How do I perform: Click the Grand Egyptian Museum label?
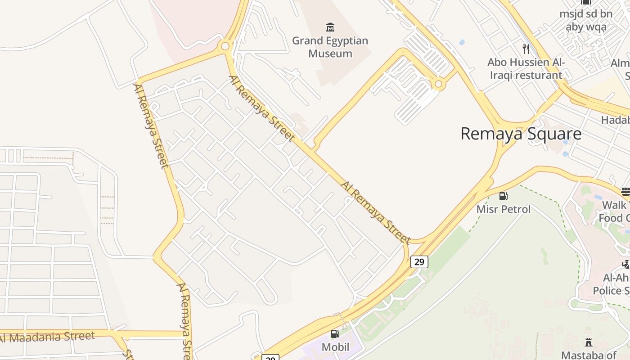point(330,47)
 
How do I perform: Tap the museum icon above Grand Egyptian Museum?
point(330,27)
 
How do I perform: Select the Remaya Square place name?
point(521,134)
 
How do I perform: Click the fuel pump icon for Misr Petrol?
point(503,196)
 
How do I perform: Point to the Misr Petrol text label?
point(504,209)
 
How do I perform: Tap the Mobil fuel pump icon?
point(335,334)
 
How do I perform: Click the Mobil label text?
point(335,347)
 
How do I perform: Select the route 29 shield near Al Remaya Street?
point(419,261)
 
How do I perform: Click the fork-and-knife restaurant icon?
point(526,49)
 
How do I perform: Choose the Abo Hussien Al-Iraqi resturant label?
point(526,68)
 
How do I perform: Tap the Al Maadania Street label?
point(48,337)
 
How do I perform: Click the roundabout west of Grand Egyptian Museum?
point(225,46)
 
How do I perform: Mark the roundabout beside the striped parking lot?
point(438,84)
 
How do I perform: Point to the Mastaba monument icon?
point(588,342)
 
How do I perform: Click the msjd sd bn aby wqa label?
point(586,20)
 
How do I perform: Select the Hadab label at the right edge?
point(615,120)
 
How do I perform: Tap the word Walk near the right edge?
point(614,205)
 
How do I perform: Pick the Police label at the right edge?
point(611,291)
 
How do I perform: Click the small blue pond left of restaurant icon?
point(462,43)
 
